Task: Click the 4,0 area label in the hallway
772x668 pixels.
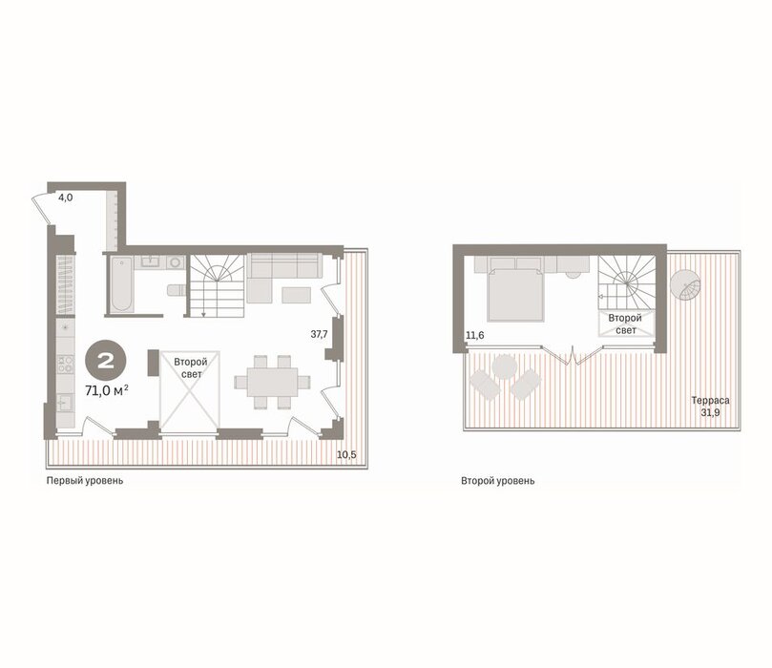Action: tap(66, 198)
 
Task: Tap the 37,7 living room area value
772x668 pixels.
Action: tap(319, 334)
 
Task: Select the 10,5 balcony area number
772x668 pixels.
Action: tap(346, 455)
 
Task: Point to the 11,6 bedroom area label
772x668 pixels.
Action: tap(475, 336)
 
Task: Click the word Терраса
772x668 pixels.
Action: tap(710, 401)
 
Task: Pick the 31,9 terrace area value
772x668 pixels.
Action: tap(711, 412)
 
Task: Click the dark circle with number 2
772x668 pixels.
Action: tap(106, 362)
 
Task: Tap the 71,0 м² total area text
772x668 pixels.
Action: tap(107, 391)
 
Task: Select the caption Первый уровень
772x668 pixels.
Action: tap(85, 480)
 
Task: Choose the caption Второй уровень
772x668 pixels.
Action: tap(498, 480)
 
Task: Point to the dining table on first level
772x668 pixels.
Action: tap(272, 381)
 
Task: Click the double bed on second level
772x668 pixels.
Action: tap(515, 294)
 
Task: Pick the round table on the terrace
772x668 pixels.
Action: tap(505, 366)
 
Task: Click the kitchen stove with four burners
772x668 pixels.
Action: tap(65, 364)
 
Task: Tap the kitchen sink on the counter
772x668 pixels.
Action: tap(65, 403)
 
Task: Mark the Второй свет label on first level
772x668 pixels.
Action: tap(191, 368)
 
